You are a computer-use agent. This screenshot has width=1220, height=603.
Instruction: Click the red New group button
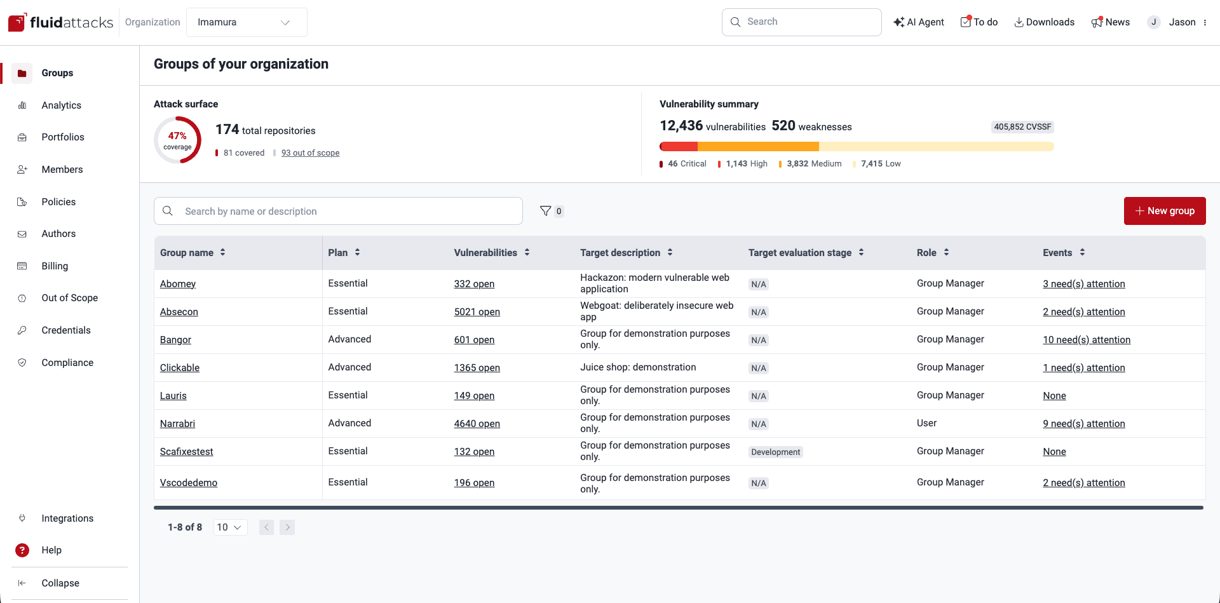click(1164, 211)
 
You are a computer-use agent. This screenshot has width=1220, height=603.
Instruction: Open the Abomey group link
click(178, 284)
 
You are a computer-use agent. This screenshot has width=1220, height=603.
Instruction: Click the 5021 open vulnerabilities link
click(477, 312)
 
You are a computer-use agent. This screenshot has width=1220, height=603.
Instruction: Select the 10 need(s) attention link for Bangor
click(1086, 340)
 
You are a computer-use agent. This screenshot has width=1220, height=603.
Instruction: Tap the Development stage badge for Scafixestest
click(775, 452)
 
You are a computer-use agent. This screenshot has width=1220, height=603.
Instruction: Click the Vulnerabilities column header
click(485, 253)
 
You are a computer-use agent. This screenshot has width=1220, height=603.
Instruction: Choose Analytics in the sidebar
click(61, 105)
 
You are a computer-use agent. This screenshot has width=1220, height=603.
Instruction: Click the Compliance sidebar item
click(67, 363)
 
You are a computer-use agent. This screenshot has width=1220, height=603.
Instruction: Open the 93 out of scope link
click(310, 153)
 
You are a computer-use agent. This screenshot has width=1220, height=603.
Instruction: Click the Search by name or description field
click(338, 211)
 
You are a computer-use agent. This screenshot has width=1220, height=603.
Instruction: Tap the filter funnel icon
click(545, 211)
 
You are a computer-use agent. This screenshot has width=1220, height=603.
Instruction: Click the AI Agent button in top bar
click(919, 22)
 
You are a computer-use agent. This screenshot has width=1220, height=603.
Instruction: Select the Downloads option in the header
click(1044, 22)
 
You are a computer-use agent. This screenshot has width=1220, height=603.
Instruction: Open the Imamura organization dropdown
click(247, 22)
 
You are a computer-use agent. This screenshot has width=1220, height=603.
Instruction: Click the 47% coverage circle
click(177, 140)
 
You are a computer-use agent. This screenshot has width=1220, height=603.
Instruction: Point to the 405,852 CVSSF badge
click(1022, 127)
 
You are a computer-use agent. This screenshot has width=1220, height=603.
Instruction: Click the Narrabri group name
click(177, 424)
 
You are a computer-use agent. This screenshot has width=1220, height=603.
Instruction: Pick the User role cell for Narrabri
click(926, 423)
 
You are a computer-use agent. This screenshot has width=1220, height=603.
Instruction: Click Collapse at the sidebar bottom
click(60, 583)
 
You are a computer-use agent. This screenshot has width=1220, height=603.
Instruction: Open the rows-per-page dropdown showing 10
click(229, 527)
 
